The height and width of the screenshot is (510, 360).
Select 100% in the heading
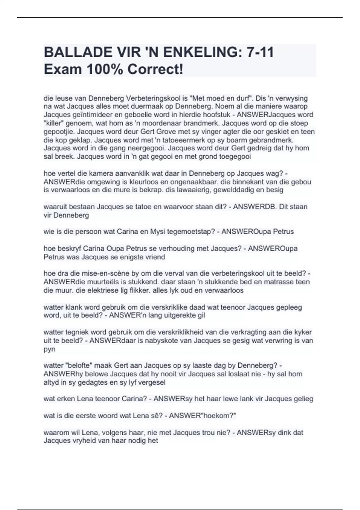[x=104, y=70]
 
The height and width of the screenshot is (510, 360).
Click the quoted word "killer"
[x=54, y=123]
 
